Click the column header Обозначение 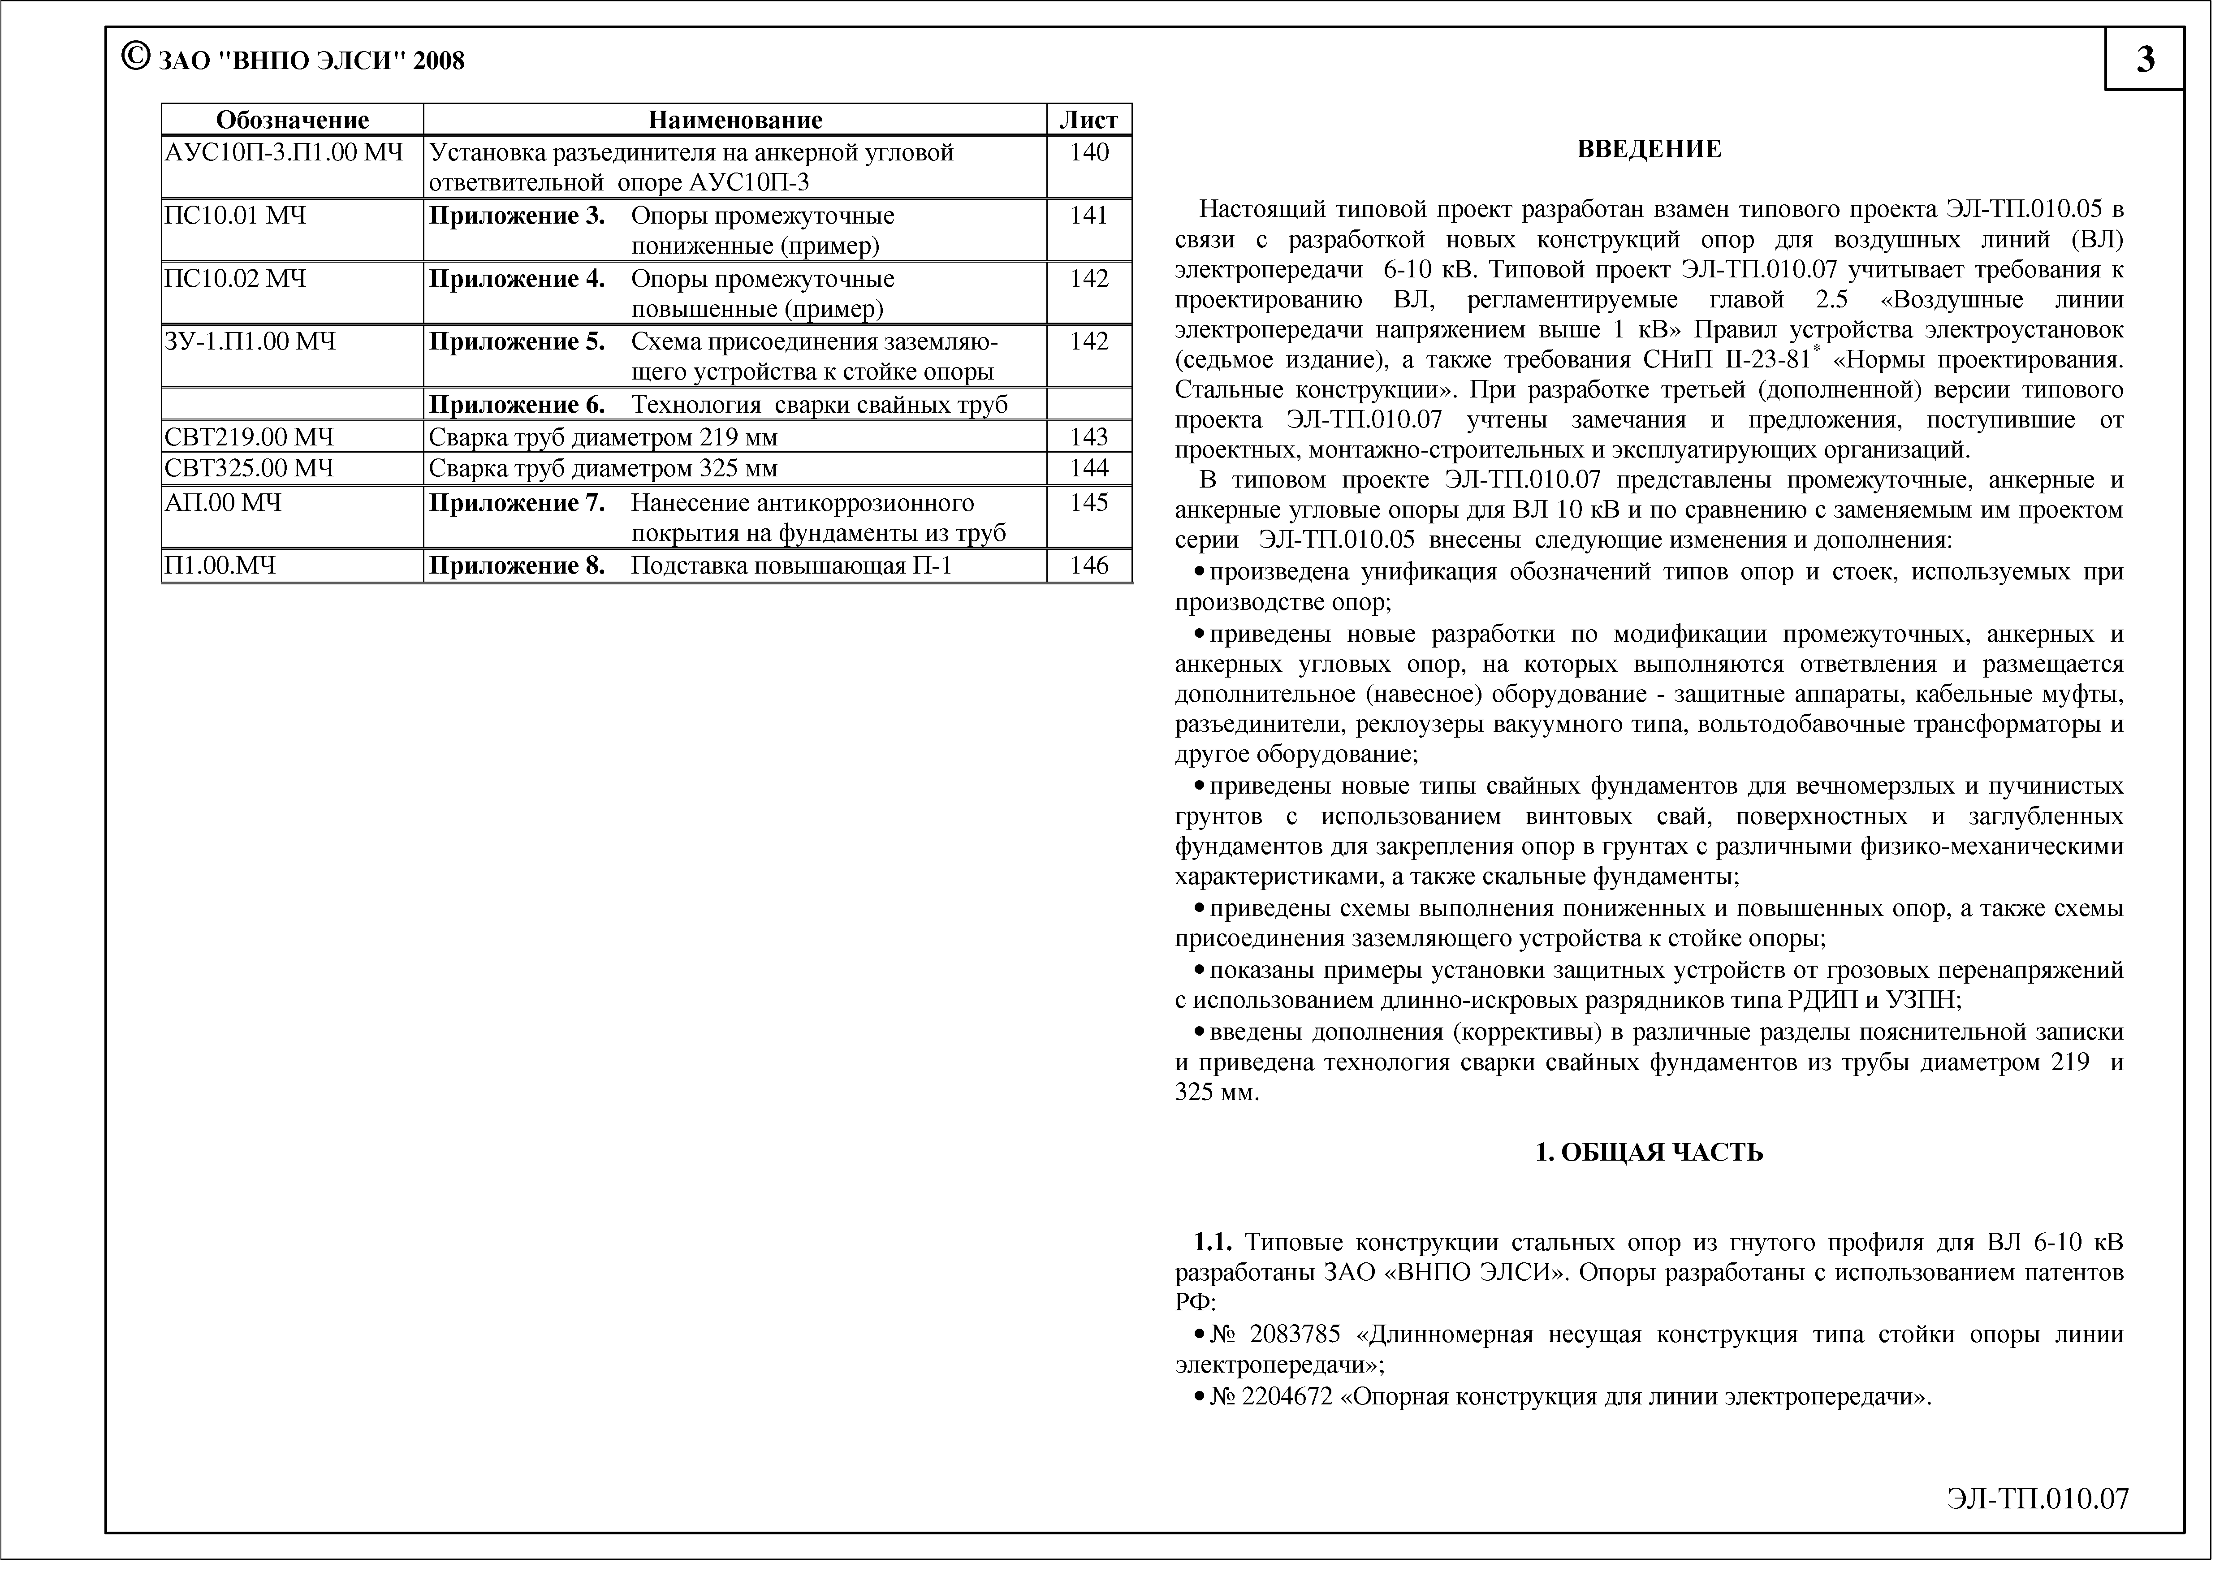click(293, 120)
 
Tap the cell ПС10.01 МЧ click(236, 216)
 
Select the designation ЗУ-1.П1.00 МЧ click(251, 342)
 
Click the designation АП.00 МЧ click(224, 503)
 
